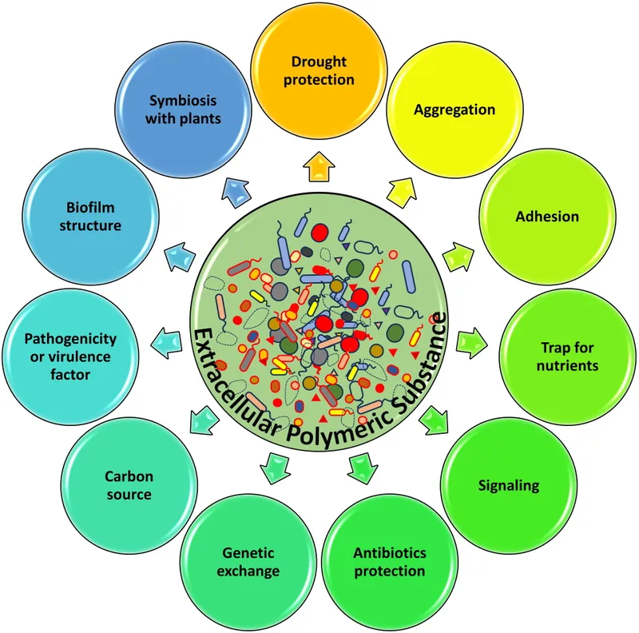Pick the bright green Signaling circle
[509, 485]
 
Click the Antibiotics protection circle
[390, 562]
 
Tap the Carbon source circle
[129, 485]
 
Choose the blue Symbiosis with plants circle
[184, 112]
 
